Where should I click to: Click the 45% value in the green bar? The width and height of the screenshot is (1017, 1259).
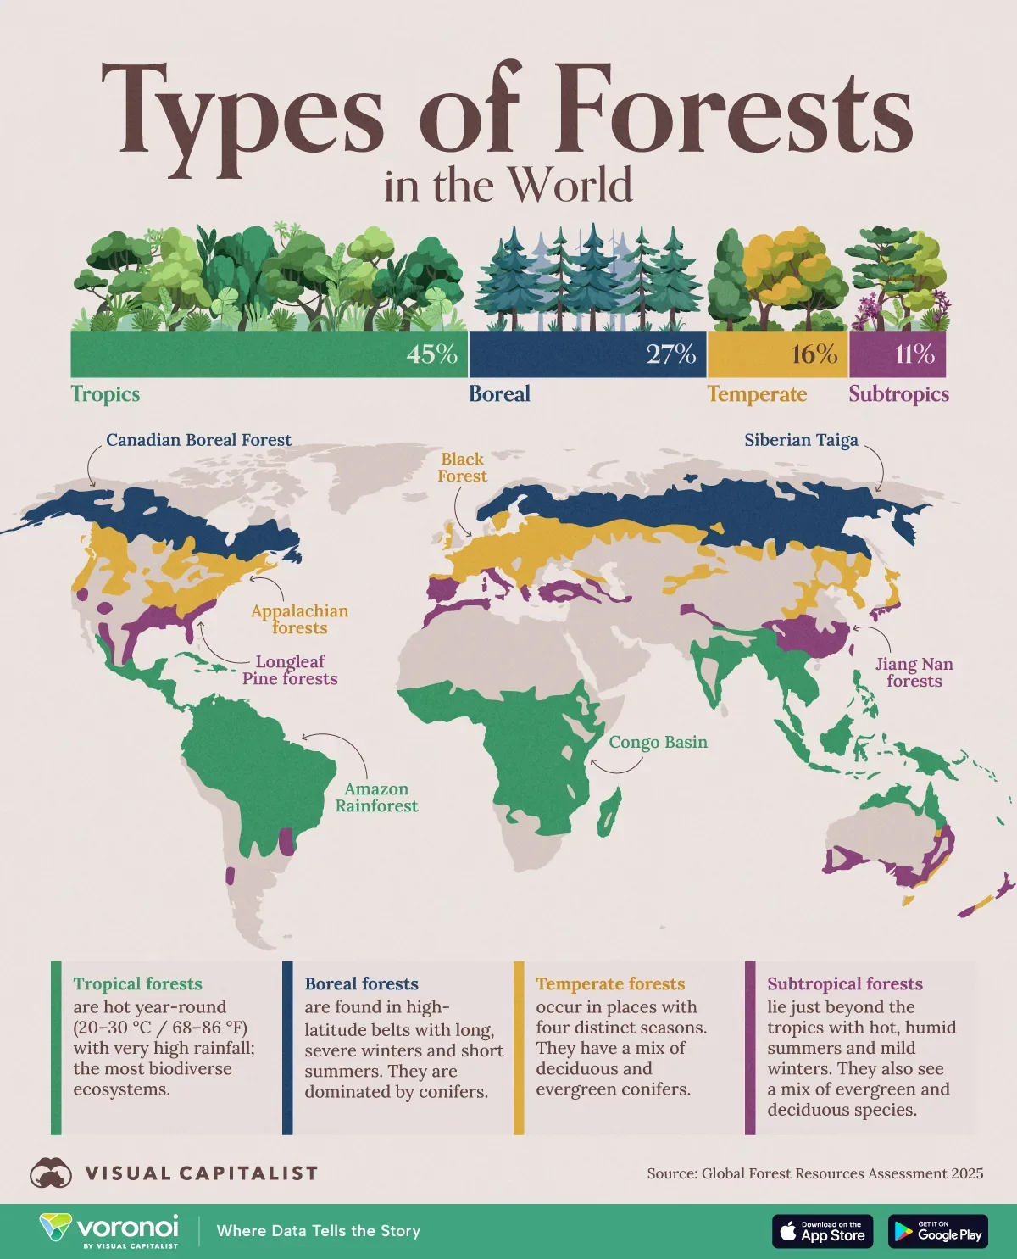point(431,354)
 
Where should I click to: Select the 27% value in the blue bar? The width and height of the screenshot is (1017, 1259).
point(670,354)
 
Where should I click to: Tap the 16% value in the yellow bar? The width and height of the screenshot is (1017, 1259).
point(814,354)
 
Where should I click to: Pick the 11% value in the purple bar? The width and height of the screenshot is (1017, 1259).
point(914,354)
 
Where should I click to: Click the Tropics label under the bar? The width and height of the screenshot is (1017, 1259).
point(105,394)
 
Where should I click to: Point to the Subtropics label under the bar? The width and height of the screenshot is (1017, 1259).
point(898,394)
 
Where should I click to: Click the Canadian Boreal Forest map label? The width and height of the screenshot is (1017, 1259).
point(198,440)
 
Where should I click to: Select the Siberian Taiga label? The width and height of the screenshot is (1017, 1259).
point(801,440)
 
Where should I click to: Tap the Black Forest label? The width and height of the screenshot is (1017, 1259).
point(462,467)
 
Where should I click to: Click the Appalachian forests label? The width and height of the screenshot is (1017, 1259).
point(299,619)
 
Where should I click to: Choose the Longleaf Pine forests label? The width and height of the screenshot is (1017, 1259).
point(290,670)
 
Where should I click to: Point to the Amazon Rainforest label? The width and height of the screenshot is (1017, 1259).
point(376,797)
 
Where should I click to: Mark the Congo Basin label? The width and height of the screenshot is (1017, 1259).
point(658,742)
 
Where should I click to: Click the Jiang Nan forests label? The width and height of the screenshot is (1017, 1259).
point(914,672)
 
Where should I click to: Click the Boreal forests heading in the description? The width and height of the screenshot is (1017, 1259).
point(361,983)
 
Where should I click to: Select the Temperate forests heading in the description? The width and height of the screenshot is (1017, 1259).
point(610,983)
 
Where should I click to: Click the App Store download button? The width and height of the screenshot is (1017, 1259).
point(822,1232)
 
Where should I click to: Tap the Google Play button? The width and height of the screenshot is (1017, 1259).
point(937,1232)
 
